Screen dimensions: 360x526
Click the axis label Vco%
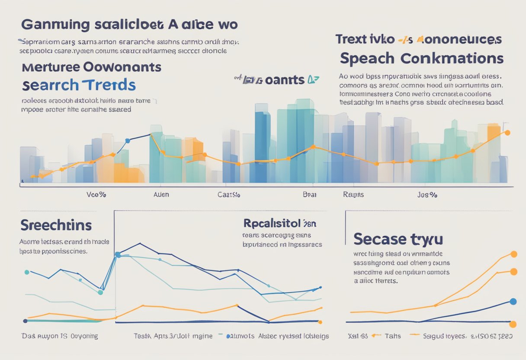click(96, 195)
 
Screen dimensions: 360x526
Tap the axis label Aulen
click(161, 195)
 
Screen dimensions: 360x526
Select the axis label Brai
click(310, 195)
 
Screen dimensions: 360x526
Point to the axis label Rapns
click(353, 195)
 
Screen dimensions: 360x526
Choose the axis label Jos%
click(427, 195)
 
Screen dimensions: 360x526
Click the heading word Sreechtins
click(56, 225)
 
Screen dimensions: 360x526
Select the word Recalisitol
click(272, 223)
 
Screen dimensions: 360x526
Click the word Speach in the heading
click(367, 58)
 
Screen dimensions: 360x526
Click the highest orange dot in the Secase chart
click(514, 254)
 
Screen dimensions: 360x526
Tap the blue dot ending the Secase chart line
click(513, 302)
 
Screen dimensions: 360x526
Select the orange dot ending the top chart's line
click(507, 133)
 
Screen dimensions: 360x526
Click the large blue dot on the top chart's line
click(127, 141)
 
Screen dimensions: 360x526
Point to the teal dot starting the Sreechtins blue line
click(27, 272)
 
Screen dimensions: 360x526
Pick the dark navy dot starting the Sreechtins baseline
click(25, 321)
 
